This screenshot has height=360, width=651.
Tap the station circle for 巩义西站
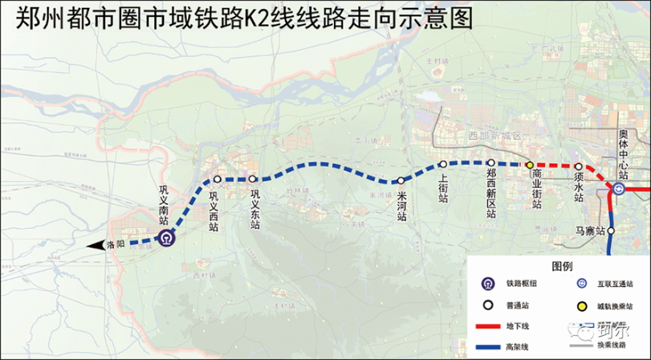point(217,179)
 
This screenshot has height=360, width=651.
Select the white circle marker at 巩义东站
point(252,179)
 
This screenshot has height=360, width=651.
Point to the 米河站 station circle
point(401,180)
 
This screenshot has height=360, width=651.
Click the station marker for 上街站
point(443,164)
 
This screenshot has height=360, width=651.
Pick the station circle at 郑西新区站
point(492,163)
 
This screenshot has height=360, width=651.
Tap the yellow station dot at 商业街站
point(530,165)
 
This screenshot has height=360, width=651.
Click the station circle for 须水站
point(578,167)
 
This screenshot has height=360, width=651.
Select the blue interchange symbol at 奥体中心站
point(618,189)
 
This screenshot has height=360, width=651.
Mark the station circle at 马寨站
point(612,231)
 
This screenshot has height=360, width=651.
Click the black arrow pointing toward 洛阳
point(96,245)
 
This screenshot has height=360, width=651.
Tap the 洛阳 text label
point(115,245)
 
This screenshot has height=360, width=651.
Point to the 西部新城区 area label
point(495,135)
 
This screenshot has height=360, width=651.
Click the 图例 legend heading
point(562,266)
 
